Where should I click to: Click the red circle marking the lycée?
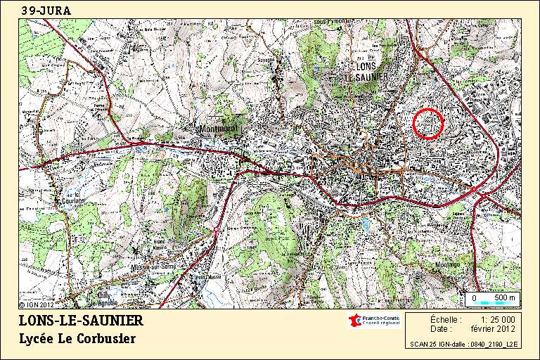[x=427, y=124]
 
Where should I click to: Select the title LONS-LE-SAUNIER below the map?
[x=81, y=321]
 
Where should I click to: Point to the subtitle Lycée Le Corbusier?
[x=77, y=339]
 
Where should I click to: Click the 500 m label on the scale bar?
[x=505, y=299]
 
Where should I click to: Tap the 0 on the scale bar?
[x=474, y=299]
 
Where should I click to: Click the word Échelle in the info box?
[x=442, y=319]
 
